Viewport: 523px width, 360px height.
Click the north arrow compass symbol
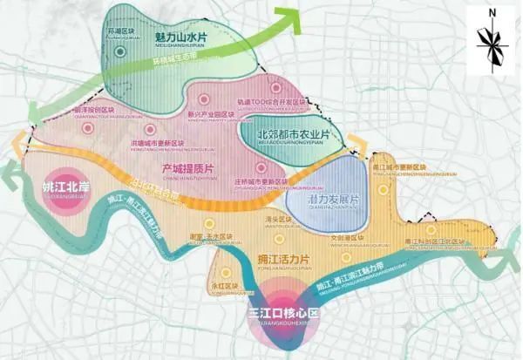[492, 43]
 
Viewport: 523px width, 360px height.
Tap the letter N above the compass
[492, 12]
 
